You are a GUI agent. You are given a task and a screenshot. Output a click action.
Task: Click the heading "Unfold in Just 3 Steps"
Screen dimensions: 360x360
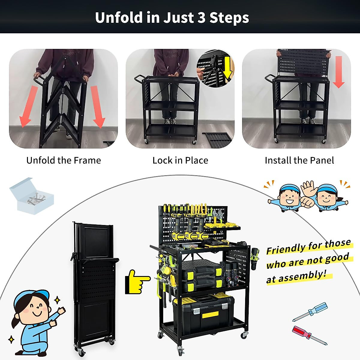[x=172, y=17]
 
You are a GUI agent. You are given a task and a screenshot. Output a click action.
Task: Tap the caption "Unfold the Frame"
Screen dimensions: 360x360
[x=64, y=160]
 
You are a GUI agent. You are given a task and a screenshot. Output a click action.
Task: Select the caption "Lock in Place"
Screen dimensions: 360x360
[x=180, y=160]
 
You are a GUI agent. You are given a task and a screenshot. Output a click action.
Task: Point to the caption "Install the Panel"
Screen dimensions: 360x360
[x=299, y=160]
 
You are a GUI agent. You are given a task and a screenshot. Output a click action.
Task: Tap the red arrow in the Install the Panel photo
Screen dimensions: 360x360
[x=339, y=72]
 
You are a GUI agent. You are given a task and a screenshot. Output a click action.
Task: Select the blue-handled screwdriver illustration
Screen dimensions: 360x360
[x=310, y=312]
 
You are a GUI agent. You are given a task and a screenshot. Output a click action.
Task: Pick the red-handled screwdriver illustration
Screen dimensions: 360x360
[x=309, y=334]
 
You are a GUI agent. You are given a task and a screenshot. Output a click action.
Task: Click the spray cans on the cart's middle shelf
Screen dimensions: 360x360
[x=231, y=273]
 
